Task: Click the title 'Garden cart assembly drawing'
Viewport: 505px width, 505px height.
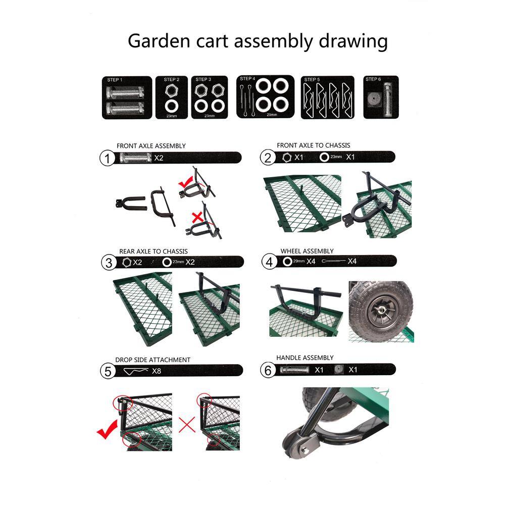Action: click(x=258, y=41)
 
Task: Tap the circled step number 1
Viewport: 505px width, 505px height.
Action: click(x=108, y=159)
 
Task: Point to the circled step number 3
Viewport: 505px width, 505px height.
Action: click(x=108, y=263)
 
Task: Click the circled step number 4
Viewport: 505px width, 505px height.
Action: click(x=270, y=262)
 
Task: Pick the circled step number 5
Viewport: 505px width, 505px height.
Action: click(x=108, y=372)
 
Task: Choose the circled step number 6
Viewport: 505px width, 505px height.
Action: click(x=269, y=371)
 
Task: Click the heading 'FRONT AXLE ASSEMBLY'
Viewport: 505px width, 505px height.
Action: click(x=151, y=146)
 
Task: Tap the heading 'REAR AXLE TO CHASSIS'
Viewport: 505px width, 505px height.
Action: click(x=154, y=251)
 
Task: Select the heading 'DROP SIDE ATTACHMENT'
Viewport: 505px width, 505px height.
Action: click(x=153, y=360)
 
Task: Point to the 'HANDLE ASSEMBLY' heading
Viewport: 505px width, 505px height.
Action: click(x=305, y=358)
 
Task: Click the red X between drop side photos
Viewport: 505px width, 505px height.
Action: click(x=187, y=424)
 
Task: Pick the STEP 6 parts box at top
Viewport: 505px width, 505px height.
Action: click(x=381, y=97)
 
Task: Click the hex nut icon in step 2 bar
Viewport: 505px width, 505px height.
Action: click(x=286, y=158)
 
